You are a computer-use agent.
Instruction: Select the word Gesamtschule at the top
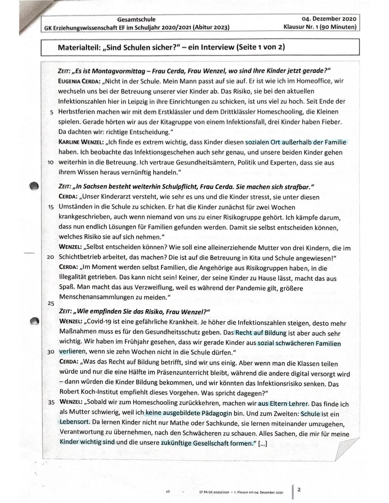pos(137,19)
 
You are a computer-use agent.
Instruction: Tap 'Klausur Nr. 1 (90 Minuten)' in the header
pos(319,27)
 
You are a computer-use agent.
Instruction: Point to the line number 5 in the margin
pos(52,112)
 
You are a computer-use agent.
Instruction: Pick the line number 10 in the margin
pos(50,162)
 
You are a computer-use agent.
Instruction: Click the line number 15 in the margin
pos(50,207)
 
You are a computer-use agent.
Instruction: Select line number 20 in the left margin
pos(50,258)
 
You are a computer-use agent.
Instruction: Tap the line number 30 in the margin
pos(50,351)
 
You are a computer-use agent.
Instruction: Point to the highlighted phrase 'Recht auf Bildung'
pos(261,333)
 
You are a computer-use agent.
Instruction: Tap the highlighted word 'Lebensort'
pos(75,421)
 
